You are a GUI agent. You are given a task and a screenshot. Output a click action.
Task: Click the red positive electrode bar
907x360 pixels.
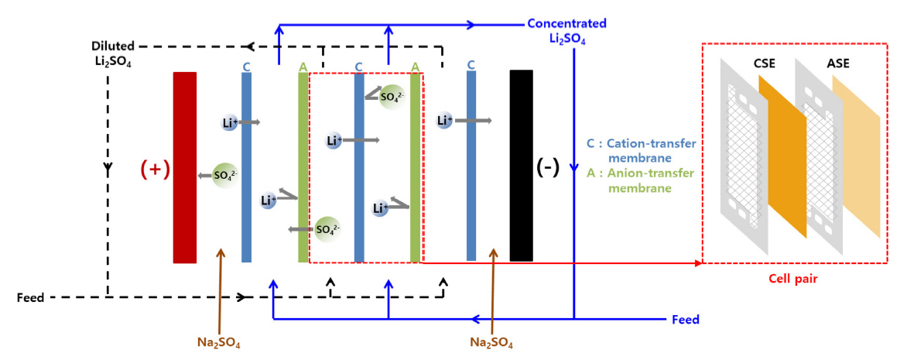tap(185, 167)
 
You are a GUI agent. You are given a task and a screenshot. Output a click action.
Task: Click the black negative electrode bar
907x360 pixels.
tap(522, 165)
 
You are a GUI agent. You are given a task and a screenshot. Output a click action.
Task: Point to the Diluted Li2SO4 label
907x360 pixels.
tap(111, 53)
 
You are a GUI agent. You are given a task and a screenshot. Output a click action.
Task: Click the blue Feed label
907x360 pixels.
tap(685, 319)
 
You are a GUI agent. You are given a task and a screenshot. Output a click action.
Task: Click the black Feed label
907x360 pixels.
tap(30, 297)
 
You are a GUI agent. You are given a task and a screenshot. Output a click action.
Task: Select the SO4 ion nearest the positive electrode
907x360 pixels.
tap(225, 175)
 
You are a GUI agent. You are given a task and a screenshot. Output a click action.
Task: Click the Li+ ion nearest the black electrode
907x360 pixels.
tap(444, 120)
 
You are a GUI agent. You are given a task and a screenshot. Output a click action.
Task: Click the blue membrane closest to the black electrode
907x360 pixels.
tap(471, 167)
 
